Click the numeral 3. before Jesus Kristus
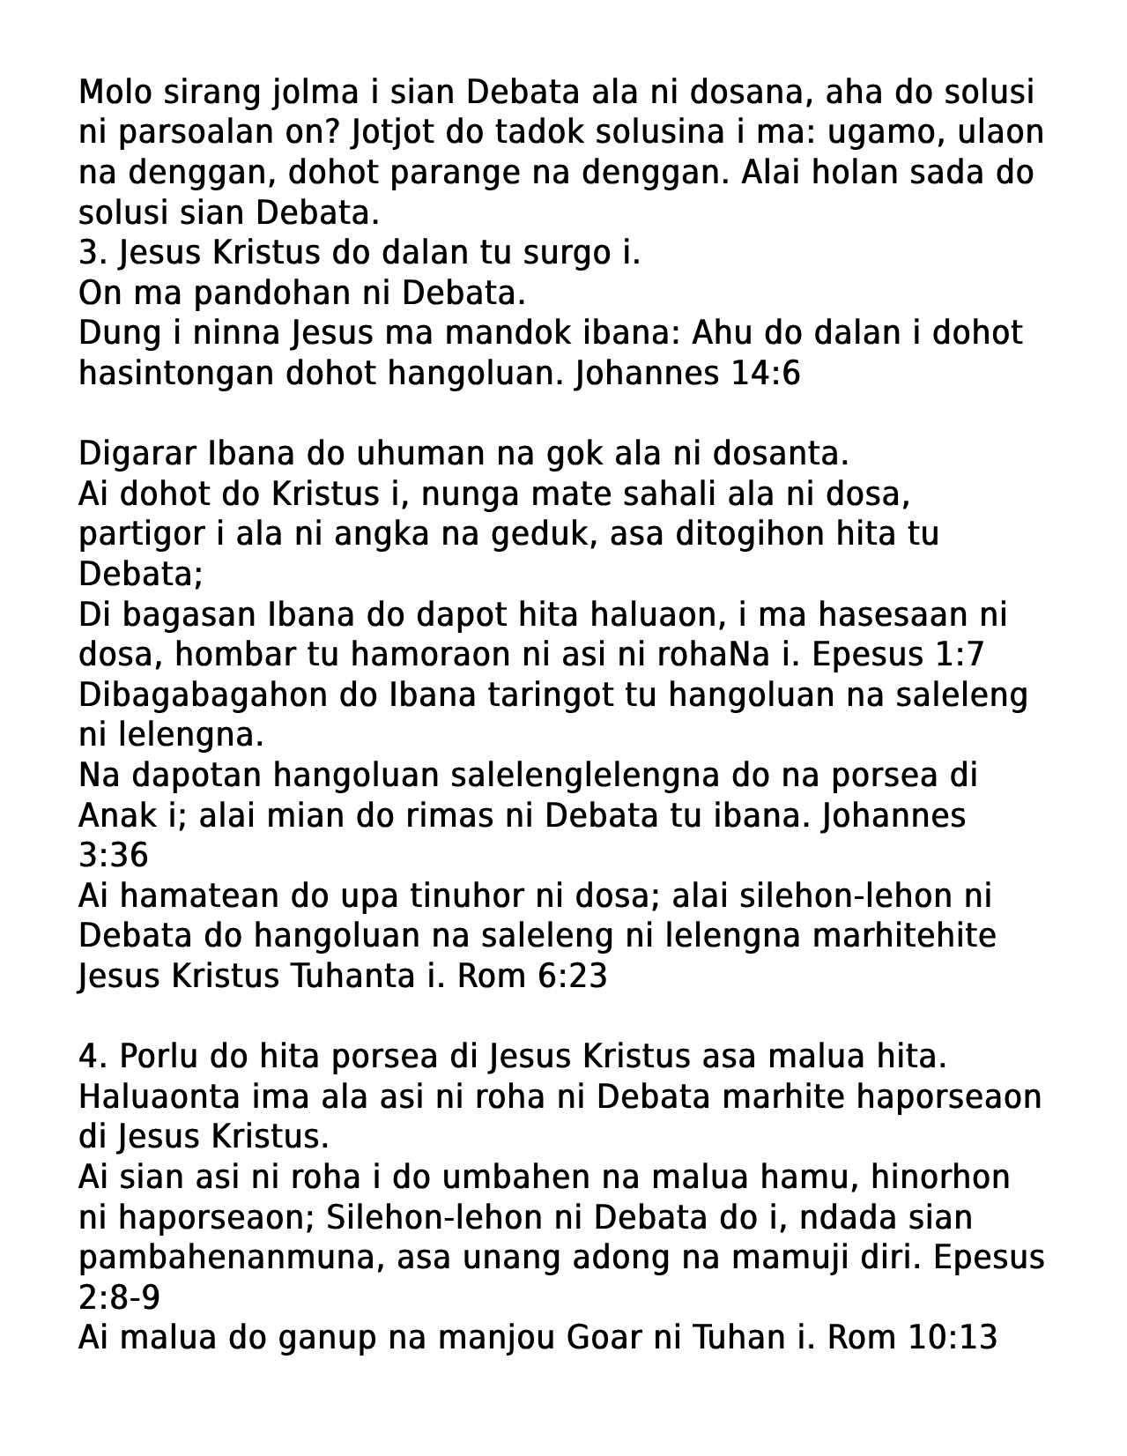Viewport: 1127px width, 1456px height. click(92, 253)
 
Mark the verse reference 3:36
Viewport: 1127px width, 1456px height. click(113, 856)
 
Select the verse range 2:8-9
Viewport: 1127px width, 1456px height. click(118, 1298)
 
